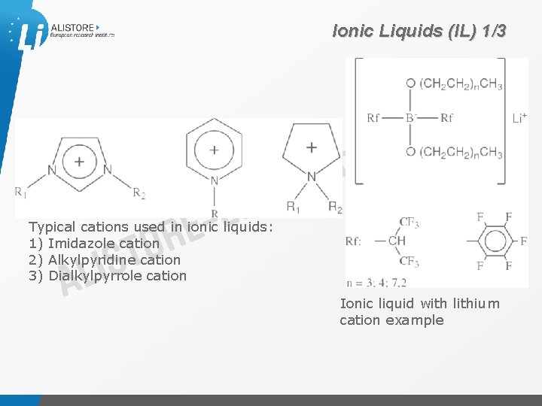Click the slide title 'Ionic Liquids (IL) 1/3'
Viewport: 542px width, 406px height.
pos(420,32)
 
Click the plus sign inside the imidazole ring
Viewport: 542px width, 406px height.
pos(79,160)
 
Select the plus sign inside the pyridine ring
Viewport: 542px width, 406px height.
pos(214,150)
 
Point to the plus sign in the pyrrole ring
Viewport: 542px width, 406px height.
pos(312,147)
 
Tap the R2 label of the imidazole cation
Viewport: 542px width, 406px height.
pos(139,192)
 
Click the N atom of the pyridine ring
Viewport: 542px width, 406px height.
pos(214,180)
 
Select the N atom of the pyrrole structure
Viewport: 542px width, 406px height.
pos(312,177)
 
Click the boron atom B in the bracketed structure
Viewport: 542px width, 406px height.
pos(411,117)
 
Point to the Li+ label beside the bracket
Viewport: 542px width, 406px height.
pos(519,118)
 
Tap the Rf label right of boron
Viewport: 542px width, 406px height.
pos(447,117)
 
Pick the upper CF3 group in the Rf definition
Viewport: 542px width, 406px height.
pos(409,222)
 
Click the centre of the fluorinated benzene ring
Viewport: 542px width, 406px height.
pos(495,241)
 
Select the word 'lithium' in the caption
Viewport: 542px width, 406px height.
pos(476,304)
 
